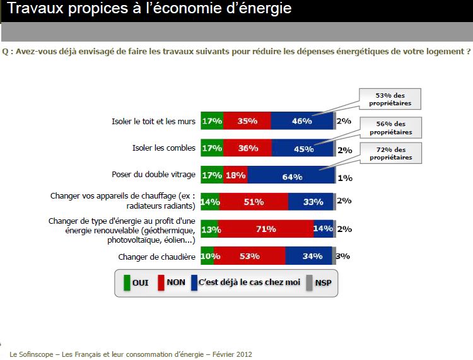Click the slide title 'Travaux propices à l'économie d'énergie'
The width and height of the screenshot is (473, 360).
pyautogui.click(x=149, y=9)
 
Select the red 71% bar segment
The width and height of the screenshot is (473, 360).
pyautogui.click(x=266, y=229)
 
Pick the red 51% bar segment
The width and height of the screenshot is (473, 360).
pyautogui.click(x=254, y=202)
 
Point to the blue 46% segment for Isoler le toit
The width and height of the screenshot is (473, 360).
pyautogui.click(x=301, y=120)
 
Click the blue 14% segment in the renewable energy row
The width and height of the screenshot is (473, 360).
pyautogui.click(x=323, y=229)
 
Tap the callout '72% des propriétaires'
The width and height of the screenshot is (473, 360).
pyautogui.click(x=391, y=153)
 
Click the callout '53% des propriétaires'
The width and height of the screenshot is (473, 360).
pyautogui.click(x=391, y=100)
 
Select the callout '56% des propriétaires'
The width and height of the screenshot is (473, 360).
pyautogui.click(x=391, y=127)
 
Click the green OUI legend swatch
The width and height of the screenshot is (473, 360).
pyautogui.click(x=126, y=282)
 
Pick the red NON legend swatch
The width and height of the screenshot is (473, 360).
pyautogui.click(x=160, y=282)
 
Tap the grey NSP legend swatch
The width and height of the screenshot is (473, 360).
pyautogui.click(x=309, y=282)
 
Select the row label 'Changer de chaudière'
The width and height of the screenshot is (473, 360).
pyautogui.click(x=156, y=257)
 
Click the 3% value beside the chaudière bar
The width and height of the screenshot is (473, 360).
pyautogui.click(x=344, y=256)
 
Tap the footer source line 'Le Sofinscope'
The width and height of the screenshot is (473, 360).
pyautogui.click(x=131, y=354)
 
